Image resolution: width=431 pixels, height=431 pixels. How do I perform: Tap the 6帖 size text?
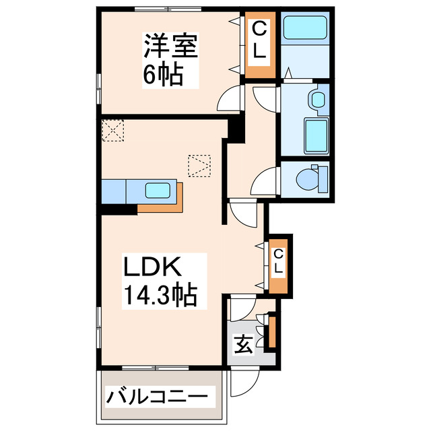(x=162, y=75)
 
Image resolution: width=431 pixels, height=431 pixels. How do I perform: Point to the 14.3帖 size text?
(x=159, y=295)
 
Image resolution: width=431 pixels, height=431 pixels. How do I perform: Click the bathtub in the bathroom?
(x=304, y=29)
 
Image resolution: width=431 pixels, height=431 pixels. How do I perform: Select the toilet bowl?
(x=310, y=178)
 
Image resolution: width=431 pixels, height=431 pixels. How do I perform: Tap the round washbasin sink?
(x=317, y=100)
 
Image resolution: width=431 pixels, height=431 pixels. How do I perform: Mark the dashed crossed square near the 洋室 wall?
(x=113, y=130)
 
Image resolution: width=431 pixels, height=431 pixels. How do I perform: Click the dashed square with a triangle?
(x=200, y=166)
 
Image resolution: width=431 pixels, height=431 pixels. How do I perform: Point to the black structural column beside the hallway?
(x=234, y=129)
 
